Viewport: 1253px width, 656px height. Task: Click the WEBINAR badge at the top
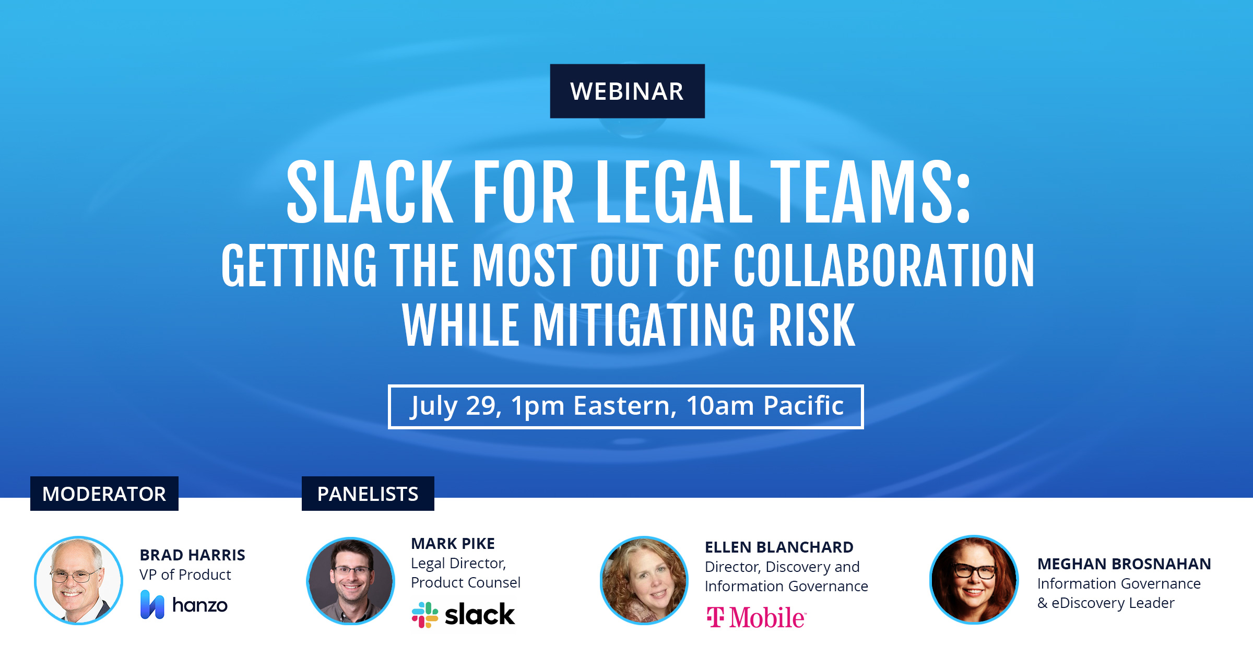click(x=627, y=91)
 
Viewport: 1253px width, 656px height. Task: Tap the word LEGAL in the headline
click(x=674, y=192)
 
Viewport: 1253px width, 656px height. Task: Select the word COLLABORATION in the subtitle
click(x=883, y=265)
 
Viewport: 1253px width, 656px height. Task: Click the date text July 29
click(x=456, y=406)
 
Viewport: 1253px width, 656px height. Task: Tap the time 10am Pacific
click(x=765, y=405)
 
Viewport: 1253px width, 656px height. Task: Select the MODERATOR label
click(x=104, y=494)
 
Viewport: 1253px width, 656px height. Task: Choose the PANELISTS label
click(x=368, y=494)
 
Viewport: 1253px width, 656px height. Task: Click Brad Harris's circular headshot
click(x=78, y=580)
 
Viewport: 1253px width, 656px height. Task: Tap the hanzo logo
click(x=184, y=605)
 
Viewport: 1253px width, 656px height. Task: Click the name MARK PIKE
click(x=453, y=544)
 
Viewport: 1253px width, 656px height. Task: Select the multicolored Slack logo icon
click(x=425, y=615)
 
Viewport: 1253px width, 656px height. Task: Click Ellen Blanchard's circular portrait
click(x=644, y=580)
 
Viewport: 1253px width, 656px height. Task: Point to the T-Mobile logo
click(x=756, y=617)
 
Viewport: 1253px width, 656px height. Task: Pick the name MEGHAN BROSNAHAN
click(x=1124, y=564)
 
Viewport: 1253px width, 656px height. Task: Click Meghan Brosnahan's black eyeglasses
click(x=975, y=570)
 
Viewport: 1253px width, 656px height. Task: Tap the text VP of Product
click(x=185, y=575)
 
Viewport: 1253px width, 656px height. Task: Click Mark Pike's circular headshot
click(x=351, y=581)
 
